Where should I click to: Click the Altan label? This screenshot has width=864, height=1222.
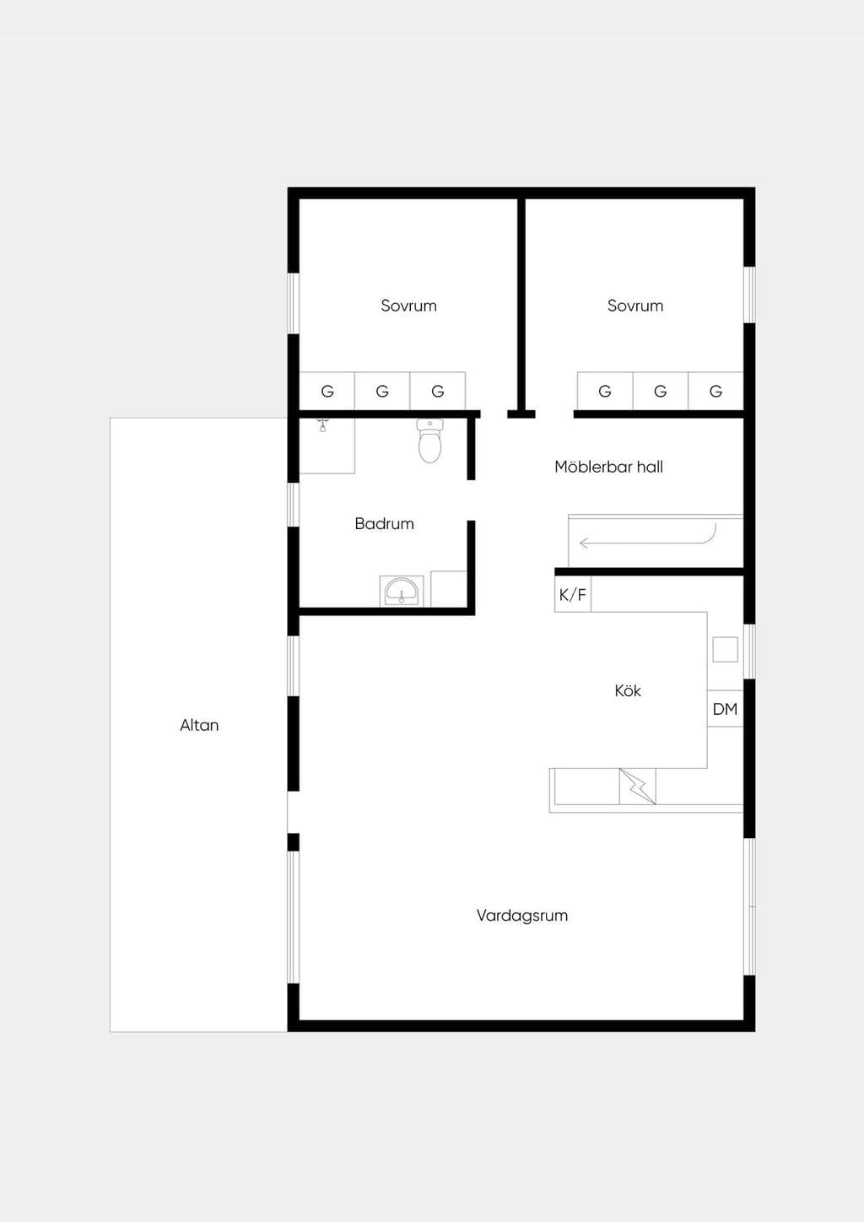(x=199, y=725)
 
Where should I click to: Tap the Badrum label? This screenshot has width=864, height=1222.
(x=384, y=524)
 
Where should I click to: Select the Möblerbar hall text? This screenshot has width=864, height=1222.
(x=608, y=467)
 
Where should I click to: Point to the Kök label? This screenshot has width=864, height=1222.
(x=628, y=690)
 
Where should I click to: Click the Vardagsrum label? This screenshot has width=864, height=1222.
(x=522, y=915)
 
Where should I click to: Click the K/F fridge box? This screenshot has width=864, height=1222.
(x=573, y=594)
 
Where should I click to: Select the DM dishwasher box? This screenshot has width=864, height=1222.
(x=725, y=709)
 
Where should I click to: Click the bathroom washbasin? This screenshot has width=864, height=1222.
(x=402, y=591)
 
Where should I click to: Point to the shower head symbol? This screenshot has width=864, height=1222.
(x=323, y=424)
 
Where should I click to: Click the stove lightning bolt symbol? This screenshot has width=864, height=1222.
(x=637, y=787)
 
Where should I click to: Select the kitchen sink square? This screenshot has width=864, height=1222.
(x=725, y=649)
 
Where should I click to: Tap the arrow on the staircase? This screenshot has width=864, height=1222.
(x=648, y=540)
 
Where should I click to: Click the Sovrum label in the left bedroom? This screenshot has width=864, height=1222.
(x=408, y=305)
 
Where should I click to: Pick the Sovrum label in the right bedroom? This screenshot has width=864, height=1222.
(x=635, y=305)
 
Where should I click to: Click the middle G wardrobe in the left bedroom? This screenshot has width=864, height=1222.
(x=382, y=391)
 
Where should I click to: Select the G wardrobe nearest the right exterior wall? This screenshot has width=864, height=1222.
(x=715, y=391)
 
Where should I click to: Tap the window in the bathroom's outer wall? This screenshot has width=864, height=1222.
(x=294, y=505)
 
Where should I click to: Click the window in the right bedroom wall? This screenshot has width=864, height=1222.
(x=749, y=295)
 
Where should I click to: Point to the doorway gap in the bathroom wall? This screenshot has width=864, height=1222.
(x=472, y=500)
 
